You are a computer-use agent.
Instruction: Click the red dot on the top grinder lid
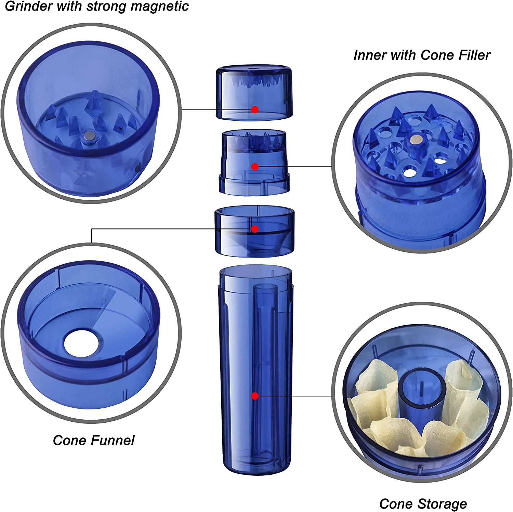255,109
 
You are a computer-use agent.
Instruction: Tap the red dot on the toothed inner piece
255,167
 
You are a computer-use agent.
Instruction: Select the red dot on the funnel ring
255,229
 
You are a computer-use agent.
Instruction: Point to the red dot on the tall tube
255,396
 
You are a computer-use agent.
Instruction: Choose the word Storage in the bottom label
442,504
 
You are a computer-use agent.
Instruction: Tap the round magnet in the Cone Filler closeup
416,139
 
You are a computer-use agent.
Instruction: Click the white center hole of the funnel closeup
83,343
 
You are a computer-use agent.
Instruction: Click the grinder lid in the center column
254,92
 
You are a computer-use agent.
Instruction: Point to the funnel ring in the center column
254,231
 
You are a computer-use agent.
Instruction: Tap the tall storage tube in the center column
255,369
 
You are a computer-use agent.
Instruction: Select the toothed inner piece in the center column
254,162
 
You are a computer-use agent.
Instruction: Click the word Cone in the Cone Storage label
397,503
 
